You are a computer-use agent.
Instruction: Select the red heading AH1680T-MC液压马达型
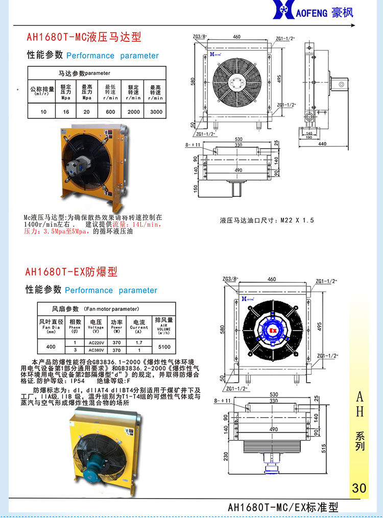(84, 37)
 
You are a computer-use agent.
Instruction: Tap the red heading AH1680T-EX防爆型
(71, 272)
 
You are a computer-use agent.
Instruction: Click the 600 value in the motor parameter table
(110, 111)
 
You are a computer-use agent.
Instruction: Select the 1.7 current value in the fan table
(138, 342)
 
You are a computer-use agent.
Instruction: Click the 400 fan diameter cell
(51, 347)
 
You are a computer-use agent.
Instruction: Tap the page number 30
(359, 488)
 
